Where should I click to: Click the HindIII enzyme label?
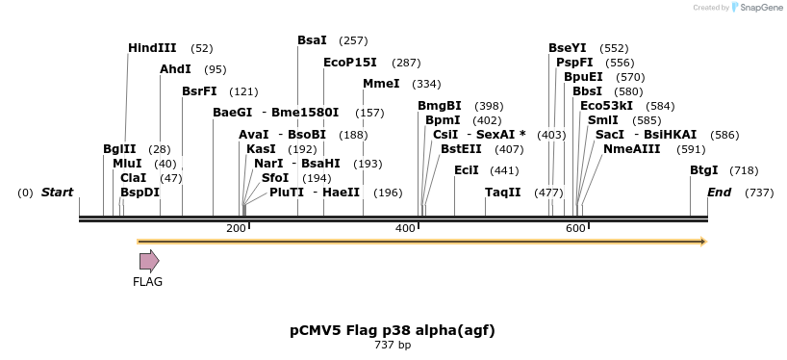pos(152,48)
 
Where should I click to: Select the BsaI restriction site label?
pos(312,40)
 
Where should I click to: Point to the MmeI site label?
pos(381,84)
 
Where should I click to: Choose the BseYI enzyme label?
pos(567,48)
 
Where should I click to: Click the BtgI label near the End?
pos(703,170)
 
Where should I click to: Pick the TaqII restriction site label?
pos(502,193)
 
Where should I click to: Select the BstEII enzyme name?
pos(461,149)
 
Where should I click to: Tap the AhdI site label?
pos(175,69)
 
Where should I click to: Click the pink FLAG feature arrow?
pos(149,261)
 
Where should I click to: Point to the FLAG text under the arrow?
pos(148,282)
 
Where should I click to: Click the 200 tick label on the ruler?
pos(236,228)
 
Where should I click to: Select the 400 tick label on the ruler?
pos(405,228)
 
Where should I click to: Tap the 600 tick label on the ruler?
pos(575,228)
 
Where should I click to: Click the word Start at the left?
pos(57,193)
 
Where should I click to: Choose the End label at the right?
pos(720,193)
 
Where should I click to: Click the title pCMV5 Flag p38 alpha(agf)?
pos(393,330)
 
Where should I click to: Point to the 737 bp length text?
pos(393,345)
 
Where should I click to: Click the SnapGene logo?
pos(756,8)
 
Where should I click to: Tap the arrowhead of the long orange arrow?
pos(703,242)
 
